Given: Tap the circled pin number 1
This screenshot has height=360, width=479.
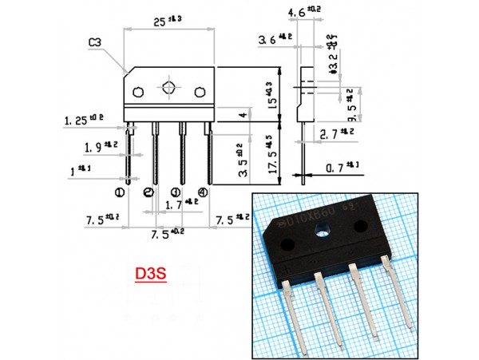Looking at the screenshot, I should pyautogui.click(x=120, y=192).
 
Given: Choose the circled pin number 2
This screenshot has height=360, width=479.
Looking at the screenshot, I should pyautogui.click(x=148, y=192).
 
